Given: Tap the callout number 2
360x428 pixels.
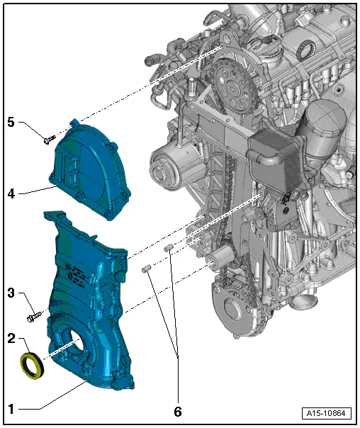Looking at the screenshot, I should coord(11,338).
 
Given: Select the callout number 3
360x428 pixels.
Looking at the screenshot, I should coord(11,292).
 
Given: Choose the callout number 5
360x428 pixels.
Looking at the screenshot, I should coord(11,122).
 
